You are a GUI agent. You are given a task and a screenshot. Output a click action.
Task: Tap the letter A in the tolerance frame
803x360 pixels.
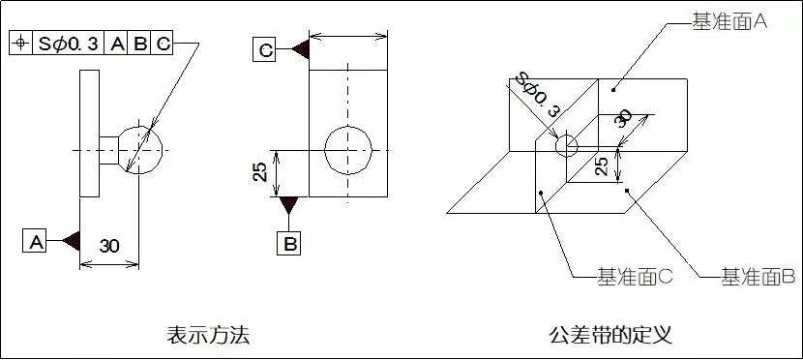(x=117, y=44)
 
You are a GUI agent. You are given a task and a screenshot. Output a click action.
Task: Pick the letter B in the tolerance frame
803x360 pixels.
(x=140, y=44)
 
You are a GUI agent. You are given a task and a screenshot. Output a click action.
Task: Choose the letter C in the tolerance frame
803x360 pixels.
(x=163, y=44)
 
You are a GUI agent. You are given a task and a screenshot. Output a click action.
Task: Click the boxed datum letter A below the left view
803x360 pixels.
(x=35, y=241)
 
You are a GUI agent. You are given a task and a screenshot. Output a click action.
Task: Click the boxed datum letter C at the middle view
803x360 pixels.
(x=266, y=49)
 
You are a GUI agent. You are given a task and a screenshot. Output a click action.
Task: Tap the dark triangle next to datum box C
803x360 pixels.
(x=298, y=49)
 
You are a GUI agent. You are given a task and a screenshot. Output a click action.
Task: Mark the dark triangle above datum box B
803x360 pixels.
(x=289, y=206)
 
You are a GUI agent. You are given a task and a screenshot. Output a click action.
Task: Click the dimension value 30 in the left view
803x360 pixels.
(x=109, y=246)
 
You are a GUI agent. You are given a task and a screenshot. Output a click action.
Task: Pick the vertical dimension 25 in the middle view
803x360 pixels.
(x=260, y=172)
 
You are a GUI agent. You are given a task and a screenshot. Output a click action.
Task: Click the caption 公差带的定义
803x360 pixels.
(x=610, y=336)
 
